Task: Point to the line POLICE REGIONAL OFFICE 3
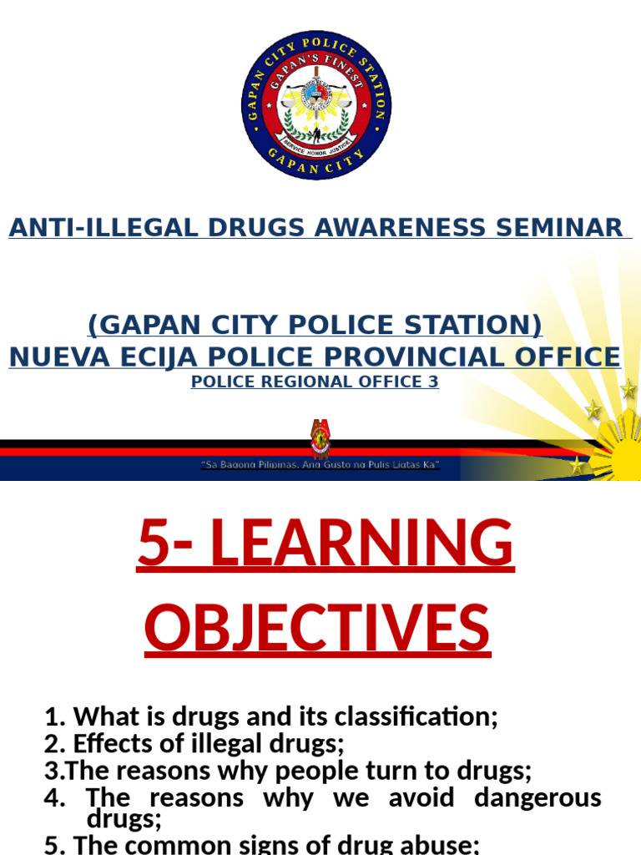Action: tap(315, 382)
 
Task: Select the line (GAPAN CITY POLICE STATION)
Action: tap(315, 325)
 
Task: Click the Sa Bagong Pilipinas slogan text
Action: tap(320, 464)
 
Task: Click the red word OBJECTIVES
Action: tap(317, 628)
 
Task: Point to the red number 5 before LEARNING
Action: tap(159, 544)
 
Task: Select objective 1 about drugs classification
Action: tap(270, 716)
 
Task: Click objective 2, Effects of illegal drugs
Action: tap(194, 742)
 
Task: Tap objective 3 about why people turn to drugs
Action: tap(287, 769)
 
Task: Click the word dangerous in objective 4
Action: tap(538, 797)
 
